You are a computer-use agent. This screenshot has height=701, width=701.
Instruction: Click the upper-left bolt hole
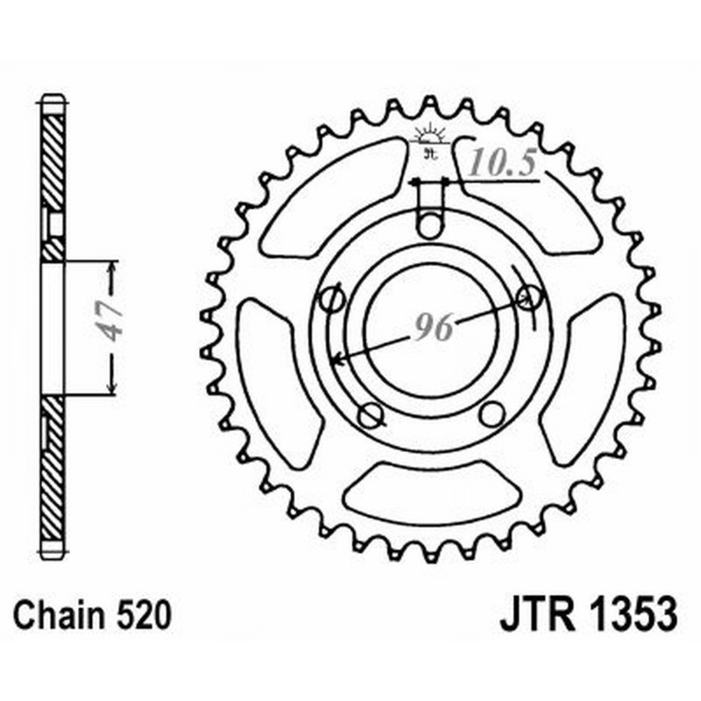(x=331, y=298)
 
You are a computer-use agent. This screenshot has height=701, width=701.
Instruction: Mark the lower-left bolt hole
(x=369, y=413)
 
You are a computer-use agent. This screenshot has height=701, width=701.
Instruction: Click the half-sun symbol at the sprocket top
(x=429, y=137)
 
